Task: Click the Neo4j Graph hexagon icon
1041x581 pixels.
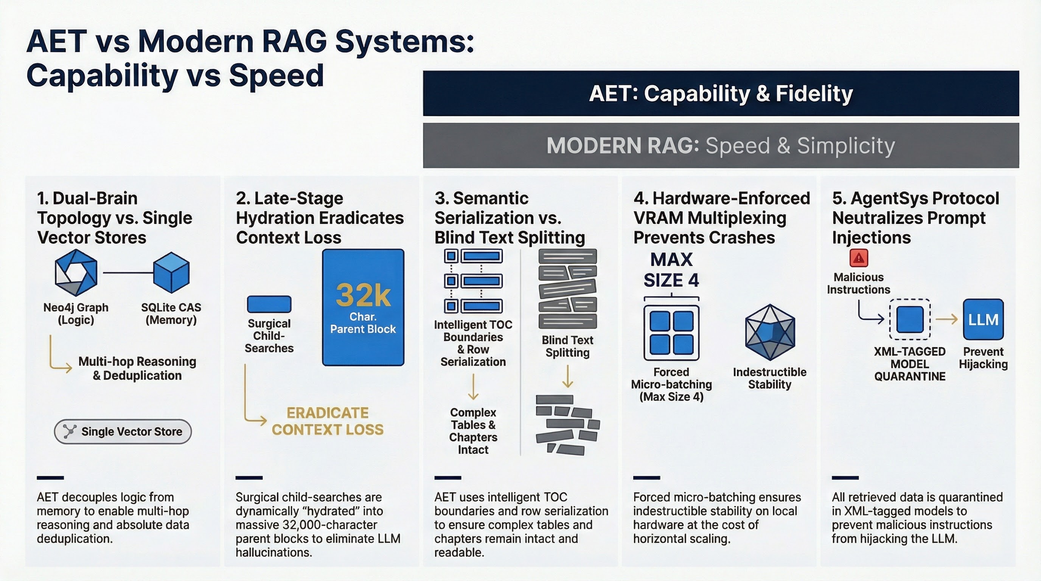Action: (x=76, y=273)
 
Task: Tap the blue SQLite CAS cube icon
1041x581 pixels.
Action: (x=171, y=273)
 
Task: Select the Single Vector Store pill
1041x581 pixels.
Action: (x=123, y=432)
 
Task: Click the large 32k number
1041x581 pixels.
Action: (x=363, y=295)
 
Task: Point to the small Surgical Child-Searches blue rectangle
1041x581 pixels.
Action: (x=269, y=304)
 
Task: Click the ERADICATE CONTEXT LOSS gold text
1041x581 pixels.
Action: (x=327, y=421)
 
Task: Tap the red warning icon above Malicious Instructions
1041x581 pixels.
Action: (x=859, y=258)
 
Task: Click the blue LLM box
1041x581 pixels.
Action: (x=983, y=320)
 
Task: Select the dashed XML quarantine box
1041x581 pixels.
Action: (x=910, y=320)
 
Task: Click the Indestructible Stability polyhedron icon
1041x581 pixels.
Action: (x=770, y=332)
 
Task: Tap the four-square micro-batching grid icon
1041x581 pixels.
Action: (x=671, y=333)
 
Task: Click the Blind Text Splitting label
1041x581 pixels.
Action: (x=567, y=346)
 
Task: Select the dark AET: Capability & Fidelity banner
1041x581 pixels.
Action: (x=721, y=93)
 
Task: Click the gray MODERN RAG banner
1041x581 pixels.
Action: (x=721, y=146)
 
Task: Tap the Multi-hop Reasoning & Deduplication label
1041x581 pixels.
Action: (x=137, y=368)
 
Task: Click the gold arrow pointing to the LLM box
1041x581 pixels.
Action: (x=947, y=319)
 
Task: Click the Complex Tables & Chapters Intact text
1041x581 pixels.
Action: (x=473, y=431)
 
